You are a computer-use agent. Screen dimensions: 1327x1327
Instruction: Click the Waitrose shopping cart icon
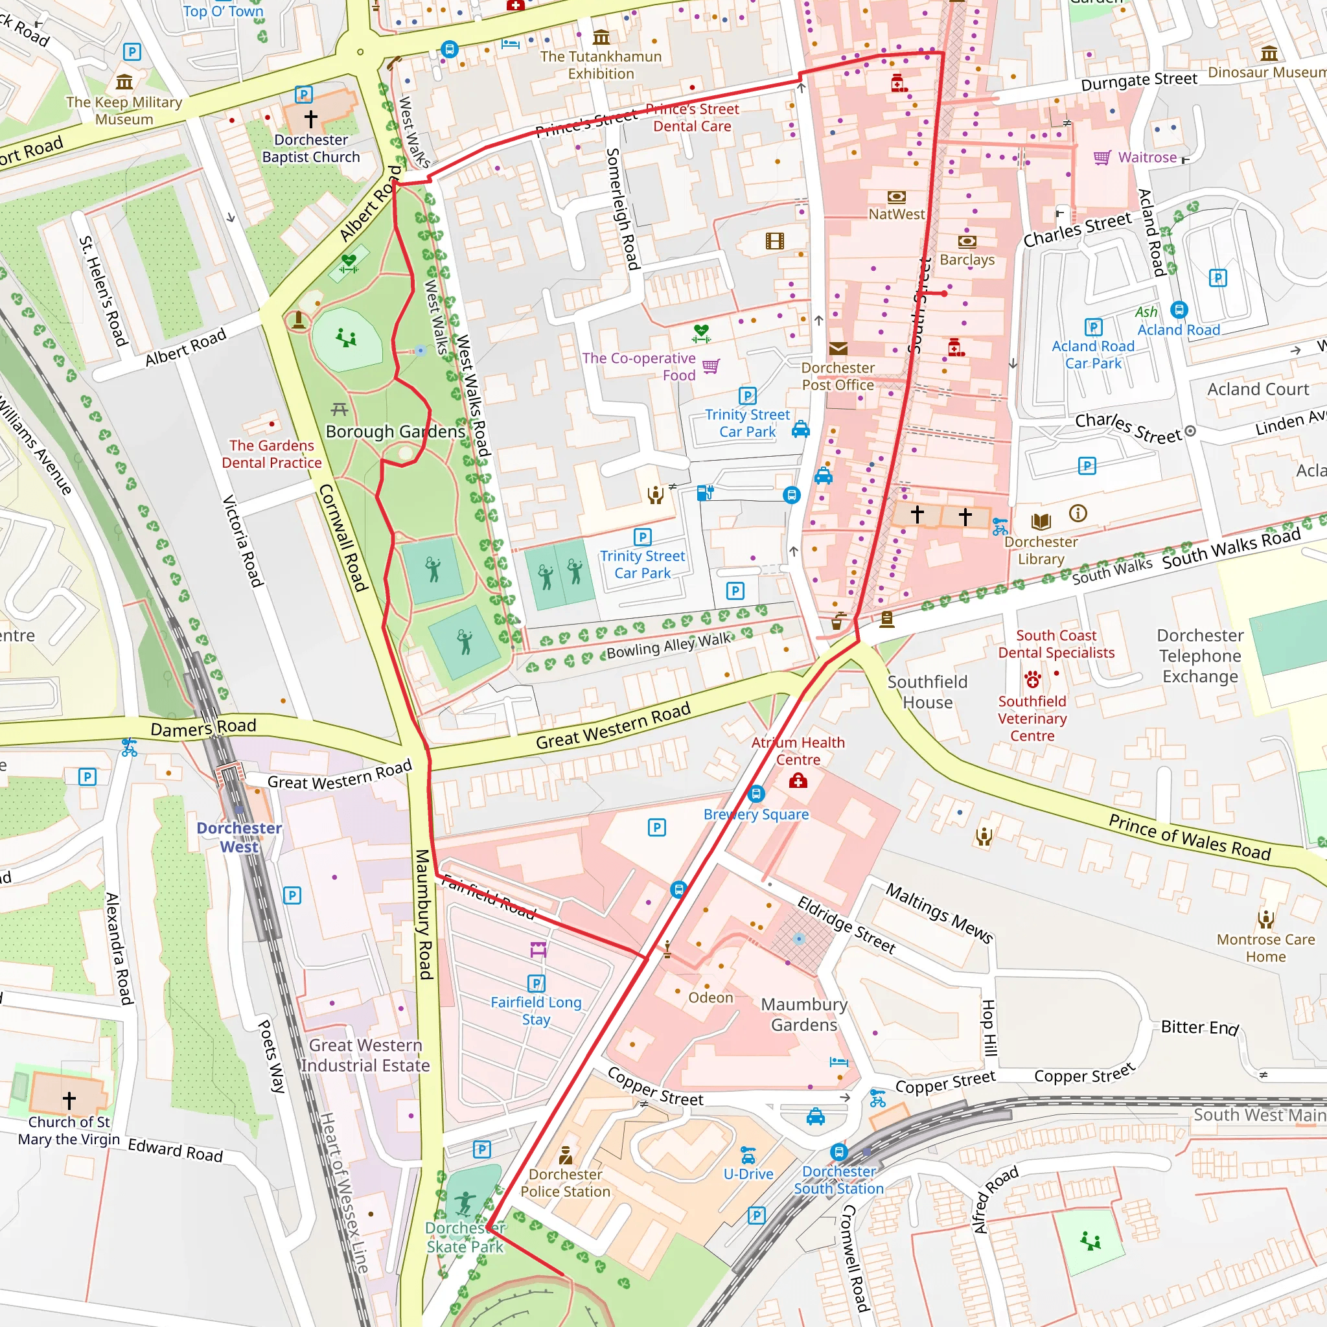point(1102,157)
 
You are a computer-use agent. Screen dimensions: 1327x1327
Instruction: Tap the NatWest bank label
point(896,214)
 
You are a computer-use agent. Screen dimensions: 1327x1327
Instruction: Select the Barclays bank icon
point(967,241)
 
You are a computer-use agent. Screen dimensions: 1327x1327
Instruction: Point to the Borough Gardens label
point(395,432)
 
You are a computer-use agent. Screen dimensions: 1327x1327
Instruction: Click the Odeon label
point(710,997)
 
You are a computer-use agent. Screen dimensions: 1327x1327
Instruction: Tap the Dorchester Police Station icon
point(565,1155)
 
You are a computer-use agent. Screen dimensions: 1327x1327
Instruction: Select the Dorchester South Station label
point(838,1180)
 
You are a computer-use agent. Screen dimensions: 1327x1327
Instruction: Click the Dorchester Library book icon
point(1041,522)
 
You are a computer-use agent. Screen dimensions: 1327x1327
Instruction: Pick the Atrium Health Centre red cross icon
point(798,781)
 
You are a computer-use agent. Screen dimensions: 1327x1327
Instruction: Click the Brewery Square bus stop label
point(756,814)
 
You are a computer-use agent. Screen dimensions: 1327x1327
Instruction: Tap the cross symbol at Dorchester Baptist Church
point(311,118)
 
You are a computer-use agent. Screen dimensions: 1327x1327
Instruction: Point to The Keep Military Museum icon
point(124,82)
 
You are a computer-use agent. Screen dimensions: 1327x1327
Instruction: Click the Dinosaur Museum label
point(1267,72)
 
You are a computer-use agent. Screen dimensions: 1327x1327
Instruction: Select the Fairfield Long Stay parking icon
point(536,984)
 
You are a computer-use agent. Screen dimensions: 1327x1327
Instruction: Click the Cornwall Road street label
point(343,538)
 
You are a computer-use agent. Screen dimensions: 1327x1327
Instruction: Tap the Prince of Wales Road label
point(1189,837)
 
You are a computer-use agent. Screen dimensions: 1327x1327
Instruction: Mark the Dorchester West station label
point(239,837)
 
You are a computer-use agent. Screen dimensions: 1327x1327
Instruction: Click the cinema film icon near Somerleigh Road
point(775,241)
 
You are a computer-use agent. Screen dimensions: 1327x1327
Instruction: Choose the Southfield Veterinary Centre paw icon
point(1032,680)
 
